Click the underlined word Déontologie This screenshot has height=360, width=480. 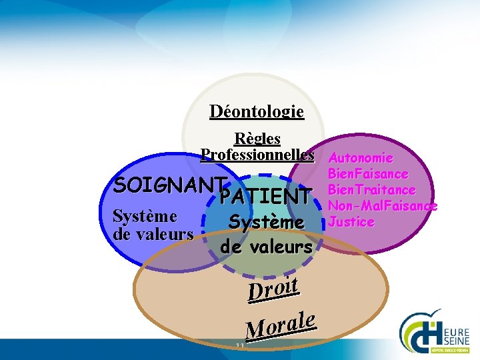pos(257,111)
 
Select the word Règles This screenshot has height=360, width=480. pos(257,139)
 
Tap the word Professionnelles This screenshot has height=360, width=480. pos(257,155)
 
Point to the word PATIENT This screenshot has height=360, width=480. pos(265,197)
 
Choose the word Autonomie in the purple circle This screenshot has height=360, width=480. pos(361,159)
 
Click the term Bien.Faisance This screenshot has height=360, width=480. pos(368,175)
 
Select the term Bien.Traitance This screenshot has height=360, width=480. pos(372,191)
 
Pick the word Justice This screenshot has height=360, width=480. pos(351,222)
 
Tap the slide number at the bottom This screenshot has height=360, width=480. pos(240,346)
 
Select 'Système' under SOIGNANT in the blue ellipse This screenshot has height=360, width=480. pos(145,217)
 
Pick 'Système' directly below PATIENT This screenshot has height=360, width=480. pos(266,222)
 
